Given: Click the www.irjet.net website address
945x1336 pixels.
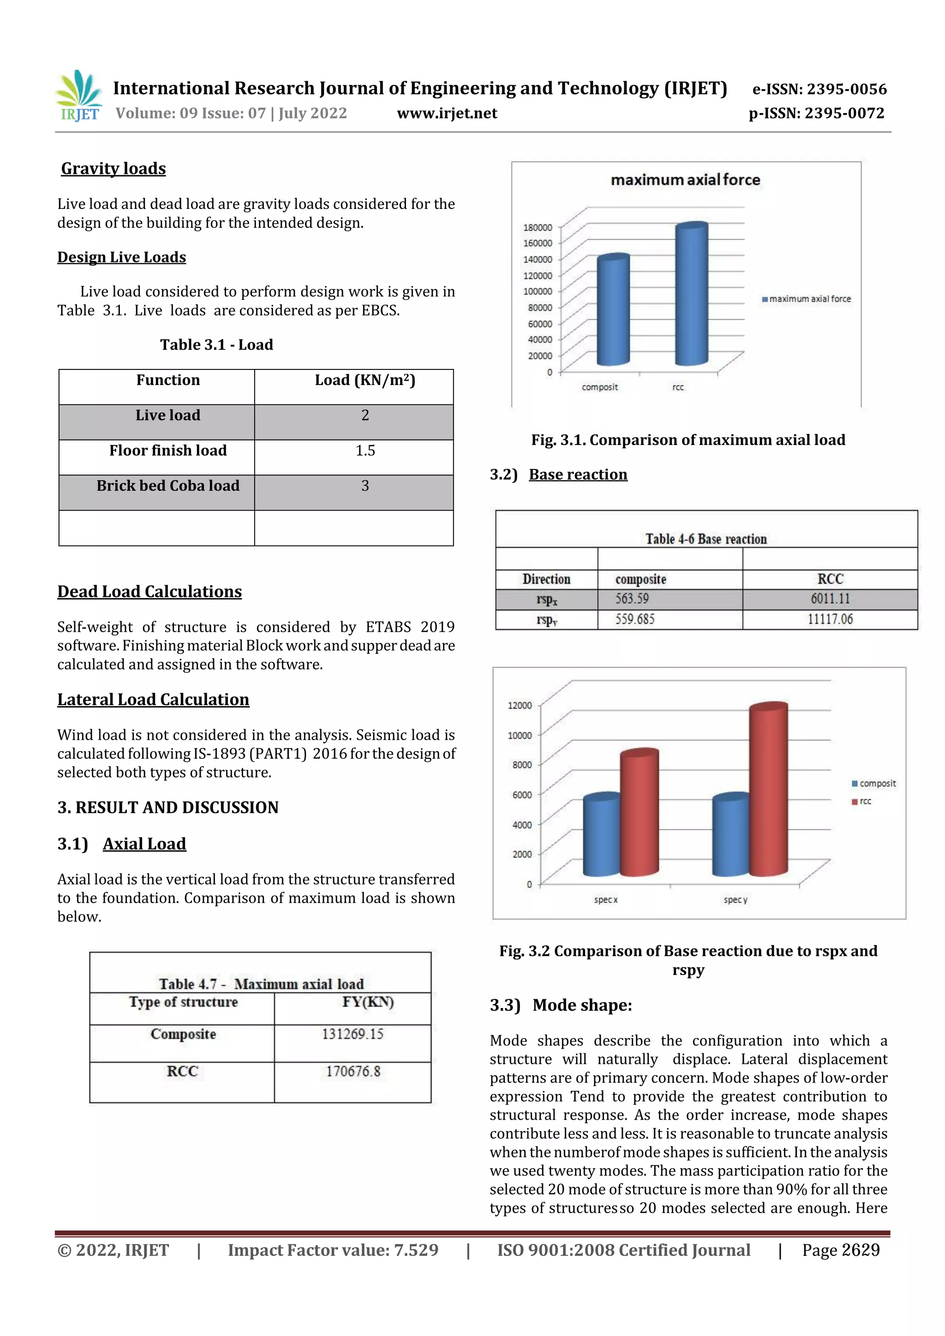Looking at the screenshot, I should (447, 113).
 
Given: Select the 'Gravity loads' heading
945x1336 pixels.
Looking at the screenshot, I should (114, 169).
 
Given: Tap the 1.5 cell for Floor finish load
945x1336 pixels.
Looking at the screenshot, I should (365, 451).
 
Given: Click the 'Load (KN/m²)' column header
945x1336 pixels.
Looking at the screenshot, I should (365, 380).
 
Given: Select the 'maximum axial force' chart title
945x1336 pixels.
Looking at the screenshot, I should (685, 180).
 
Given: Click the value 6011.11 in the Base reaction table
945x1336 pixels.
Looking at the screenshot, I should (830, 599).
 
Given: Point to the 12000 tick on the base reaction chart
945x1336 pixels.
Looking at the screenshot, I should (520, 705).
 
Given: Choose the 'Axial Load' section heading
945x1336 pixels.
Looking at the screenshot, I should (144, 844).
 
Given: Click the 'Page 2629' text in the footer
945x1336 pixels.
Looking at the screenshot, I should (840, 1250).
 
